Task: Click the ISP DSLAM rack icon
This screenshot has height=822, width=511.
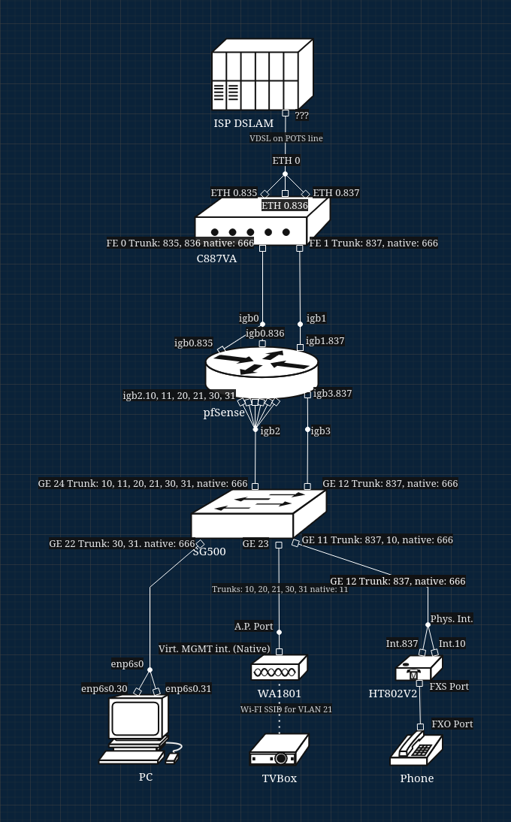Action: tap(262, 75)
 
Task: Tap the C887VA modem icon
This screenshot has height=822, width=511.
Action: tap(262, 222)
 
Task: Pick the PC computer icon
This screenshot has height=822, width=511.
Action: tap(140, 729)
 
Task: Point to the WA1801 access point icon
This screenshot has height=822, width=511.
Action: tap(279, 668)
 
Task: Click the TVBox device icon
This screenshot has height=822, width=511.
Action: tap(279, 750)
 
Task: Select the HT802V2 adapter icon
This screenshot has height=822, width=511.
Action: tap(418, 668)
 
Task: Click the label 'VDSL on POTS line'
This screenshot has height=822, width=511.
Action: tap(286, 138)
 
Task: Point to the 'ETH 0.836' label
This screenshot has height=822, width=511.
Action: tap(285, 205)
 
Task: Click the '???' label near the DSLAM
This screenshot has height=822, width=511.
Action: tap(301, 116)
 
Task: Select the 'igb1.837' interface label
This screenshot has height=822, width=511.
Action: tap(325, 341)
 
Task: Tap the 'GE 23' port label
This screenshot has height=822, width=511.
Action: tap(255, 543)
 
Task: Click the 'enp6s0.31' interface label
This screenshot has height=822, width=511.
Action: tap(188, 689)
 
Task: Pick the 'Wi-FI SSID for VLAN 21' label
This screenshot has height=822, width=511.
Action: tap(286, 709)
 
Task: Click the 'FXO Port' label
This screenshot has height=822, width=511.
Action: tap(452, 724)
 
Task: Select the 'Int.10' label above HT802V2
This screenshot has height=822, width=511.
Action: tap(452, 644)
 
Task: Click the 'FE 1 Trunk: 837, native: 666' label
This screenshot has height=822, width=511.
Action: tap(373, 243)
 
